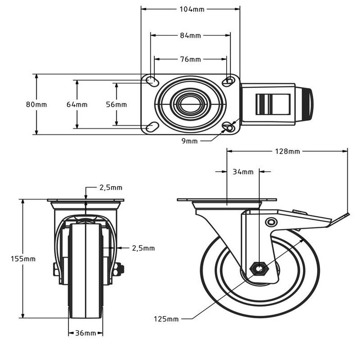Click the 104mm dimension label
[190, 9]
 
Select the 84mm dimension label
[190, 35]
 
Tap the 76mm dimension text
[190, 59]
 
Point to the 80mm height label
[37, 104]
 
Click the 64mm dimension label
[77, 104]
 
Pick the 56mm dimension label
[116, 104]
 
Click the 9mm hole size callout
[190, 140]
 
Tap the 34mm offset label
[243, 171]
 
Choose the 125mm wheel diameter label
[166, 319]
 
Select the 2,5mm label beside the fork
[143, 248]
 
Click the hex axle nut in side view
[257, 268]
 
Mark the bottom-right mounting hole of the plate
[229, 127]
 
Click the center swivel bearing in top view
[190, 104]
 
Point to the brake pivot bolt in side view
[271, 222]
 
